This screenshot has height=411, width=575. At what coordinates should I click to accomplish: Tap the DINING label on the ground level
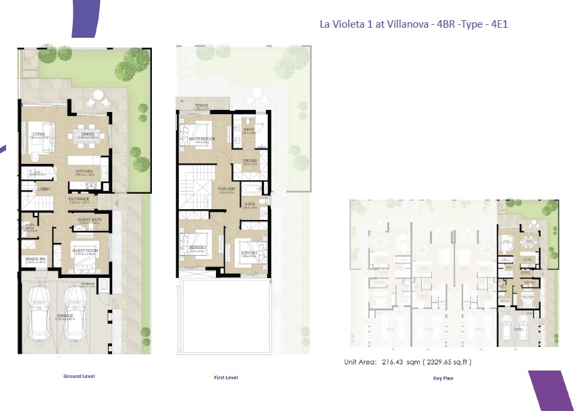(x=88, y=134)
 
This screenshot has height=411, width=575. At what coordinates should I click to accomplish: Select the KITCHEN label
(x=84, y=171)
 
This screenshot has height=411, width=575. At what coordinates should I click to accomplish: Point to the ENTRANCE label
(x=79, y=199)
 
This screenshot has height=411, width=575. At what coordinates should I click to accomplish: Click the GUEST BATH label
(x=89, y=220)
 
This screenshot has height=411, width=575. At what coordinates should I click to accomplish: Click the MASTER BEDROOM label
(x=201, y=139)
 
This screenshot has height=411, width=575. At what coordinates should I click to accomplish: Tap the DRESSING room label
(x=250, y=160)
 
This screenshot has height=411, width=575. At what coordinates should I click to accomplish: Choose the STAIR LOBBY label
(x=225, y=189)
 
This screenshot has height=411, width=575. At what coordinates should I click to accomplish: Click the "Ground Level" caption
(x=79, y=376)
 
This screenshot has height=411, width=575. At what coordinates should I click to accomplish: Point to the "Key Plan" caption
(x=443, y=379)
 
